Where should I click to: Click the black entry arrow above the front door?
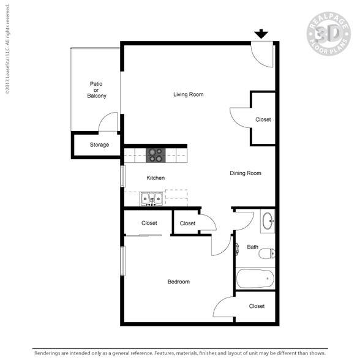coord(261,34)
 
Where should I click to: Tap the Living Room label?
coord(189,94)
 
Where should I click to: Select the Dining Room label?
coord(246,173)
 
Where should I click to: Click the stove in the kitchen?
coord(156,156)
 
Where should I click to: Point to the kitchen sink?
coord(152,199)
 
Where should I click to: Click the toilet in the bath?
coord(267,253)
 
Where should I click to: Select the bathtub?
coord(255,279)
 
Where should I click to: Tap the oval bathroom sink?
coord(268,221)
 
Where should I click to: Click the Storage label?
coord(99,145)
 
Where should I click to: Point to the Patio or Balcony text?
coord(97,90)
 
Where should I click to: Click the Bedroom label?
coord(179,282)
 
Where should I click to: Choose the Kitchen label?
coord(156,178)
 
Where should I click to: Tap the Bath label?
coord(252,247)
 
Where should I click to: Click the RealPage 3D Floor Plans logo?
coord(329,34)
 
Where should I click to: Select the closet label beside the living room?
coord(263,119)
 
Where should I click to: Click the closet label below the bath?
coord(257,306)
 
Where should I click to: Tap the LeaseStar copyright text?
coord(7,49)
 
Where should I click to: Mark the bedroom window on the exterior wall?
coord(123,261)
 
